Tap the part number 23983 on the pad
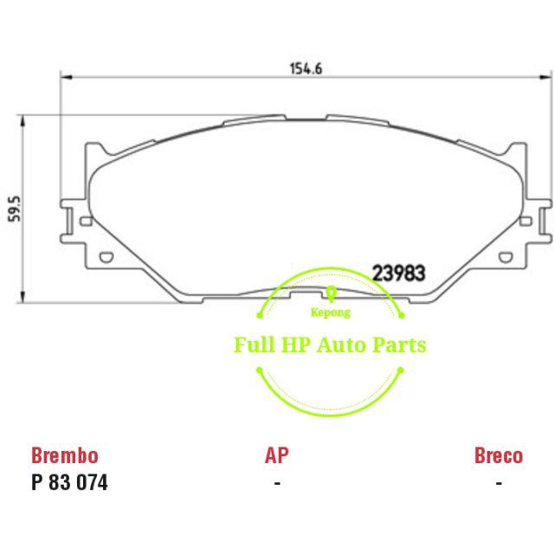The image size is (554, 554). [398, 273]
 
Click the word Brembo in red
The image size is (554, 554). [64, 455]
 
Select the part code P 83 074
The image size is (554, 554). [69, 483]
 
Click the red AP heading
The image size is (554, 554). [276, 455]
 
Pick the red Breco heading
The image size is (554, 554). [498, 455]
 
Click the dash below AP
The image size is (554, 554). [276, 483]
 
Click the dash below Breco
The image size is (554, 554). [498, 483]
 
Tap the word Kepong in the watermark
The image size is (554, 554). [331, 317]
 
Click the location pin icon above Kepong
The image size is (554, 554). [331, 295]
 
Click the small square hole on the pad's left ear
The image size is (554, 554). [85, 222]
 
